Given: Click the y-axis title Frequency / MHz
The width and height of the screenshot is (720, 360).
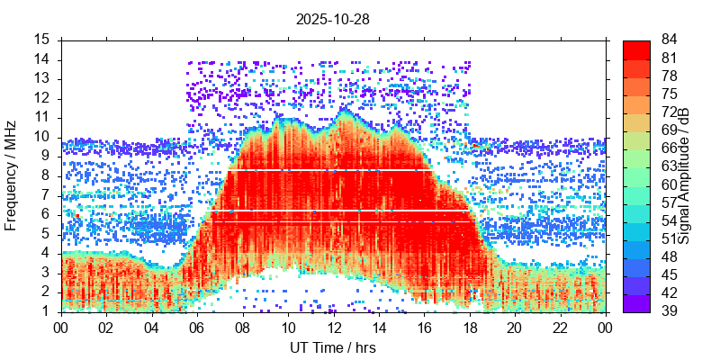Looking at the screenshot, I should point(12,175).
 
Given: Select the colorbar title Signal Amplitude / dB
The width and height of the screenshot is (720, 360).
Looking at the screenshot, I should point(684,175).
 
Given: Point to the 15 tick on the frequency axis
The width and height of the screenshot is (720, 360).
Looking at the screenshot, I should point(41,40).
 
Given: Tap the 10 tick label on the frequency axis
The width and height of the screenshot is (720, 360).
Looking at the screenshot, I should point(41,137).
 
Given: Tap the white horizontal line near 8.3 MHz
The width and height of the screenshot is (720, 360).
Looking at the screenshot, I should point(333,169).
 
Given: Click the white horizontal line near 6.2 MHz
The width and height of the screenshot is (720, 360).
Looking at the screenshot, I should point(333,211).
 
